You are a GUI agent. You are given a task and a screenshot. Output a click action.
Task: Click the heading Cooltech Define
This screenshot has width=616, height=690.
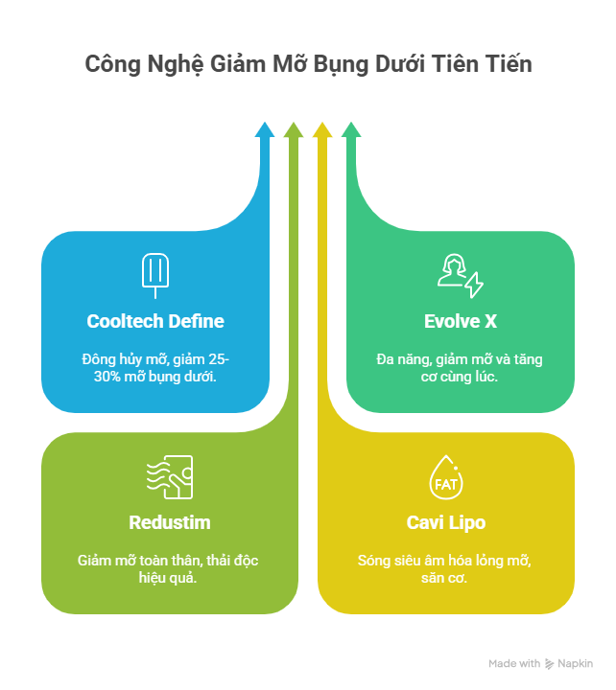pos(155,321)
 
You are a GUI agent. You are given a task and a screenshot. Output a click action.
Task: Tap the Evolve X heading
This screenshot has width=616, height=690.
pos(460,321)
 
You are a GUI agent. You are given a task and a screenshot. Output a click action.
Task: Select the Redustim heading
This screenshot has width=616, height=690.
pos(169,522)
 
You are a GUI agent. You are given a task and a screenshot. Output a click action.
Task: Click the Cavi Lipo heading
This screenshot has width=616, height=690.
pos(446,522)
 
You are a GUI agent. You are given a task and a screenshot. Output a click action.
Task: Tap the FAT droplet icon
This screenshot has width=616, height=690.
pos(446,476)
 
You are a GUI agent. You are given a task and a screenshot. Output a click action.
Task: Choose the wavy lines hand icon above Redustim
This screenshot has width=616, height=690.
pos(170,476)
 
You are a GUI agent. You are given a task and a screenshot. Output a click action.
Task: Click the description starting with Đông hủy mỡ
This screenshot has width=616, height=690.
pos(154,368)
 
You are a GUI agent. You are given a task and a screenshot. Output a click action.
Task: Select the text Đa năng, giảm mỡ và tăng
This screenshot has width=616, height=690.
pos(460,360)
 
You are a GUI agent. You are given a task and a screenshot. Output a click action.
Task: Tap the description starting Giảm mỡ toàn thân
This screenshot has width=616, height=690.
pos(169,569)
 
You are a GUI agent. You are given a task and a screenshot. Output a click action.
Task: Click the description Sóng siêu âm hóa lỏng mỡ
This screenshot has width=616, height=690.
pos(446,561)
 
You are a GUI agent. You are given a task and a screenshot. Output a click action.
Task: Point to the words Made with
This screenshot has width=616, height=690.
pos(514,663)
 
